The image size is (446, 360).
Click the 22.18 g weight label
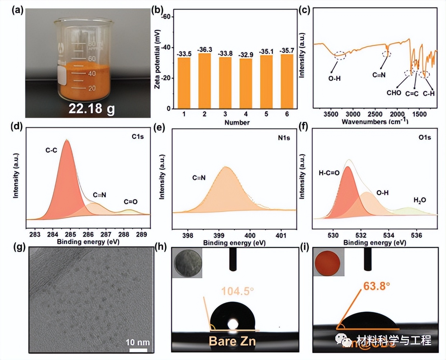pyautogui.click(x=92, y=108)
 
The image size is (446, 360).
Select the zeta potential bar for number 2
pyautogui.click(x=204, y=81)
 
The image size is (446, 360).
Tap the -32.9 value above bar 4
pyautogui.click(x=246, y=55)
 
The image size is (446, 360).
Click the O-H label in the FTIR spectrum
pyautogui.click(x=334, y=78)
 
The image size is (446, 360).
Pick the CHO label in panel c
pyautogui.click(x=394, y=93)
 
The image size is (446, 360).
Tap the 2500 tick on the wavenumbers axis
pyautogui.click(x=375, y=115)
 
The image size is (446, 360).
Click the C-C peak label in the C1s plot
pyautogui.click(x=51, y=150)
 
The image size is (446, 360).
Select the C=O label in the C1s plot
pyautogui.click(x=131, y=202)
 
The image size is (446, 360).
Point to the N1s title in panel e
pyautogui.click(x=284, y=138)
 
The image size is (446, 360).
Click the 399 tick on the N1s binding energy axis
pyautogui.click(x=219, y=236)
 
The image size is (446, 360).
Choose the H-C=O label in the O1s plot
pyautogui.click(x=329, y=173)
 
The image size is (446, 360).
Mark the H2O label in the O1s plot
pyautogui.click(x=419, y=200)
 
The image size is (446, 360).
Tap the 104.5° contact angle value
pyautogui.click(x=235, y=291)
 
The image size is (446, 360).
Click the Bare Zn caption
pyautogui.click(x=232, y=341)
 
